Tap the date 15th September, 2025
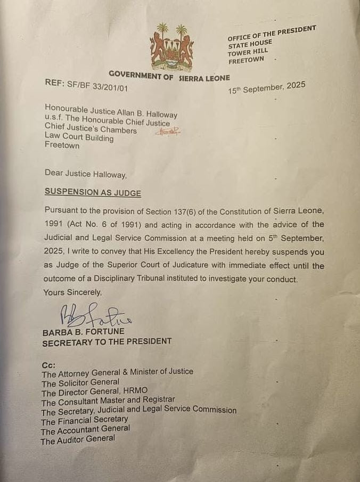(267, 88)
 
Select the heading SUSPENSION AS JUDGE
(86, 192)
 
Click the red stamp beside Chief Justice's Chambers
(167, 131)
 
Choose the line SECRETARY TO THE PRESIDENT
(107, 341)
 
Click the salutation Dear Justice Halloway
(86, 174)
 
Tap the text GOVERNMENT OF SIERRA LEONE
(169, 76)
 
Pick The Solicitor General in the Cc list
(80, 382)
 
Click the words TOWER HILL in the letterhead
(248, 52)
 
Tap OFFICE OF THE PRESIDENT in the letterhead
(272, 33)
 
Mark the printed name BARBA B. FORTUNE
(83, 332)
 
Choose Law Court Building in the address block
(79, 137)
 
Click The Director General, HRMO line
(94, 391)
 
